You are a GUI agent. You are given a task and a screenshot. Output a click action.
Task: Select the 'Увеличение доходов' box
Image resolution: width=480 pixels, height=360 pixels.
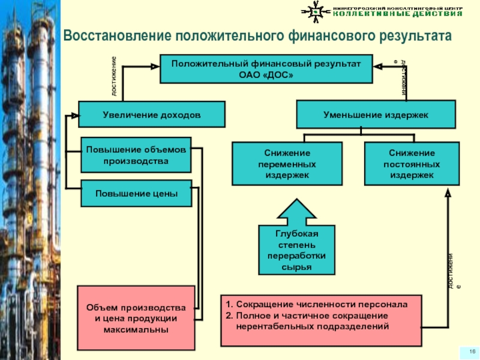pyautogui.click(x=152, y=114)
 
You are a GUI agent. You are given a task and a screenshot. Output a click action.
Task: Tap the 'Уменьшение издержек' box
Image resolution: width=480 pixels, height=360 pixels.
pyautogui.click(x=376, y=114)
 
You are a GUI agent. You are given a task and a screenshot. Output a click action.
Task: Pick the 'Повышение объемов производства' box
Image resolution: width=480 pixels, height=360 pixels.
pyautogui.click(x=136, y=155)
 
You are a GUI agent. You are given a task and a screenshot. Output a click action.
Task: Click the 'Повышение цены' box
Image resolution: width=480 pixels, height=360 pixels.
pyautogui.click(x=136, y=193)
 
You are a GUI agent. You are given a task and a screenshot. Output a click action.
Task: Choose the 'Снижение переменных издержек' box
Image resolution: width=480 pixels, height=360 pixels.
pyautogui.click(x=287, y=164)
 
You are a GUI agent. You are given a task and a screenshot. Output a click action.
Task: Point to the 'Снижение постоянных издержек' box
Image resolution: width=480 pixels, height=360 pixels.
pyautogui.click(x=412, y=164)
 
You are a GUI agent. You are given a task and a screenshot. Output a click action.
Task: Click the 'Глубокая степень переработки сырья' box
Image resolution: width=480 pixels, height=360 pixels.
pyautogui.click(x=296, y=250)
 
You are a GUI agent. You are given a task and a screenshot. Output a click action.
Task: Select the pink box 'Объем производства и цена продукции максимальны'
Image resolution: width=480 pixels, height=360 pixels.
pyautogui.click(x=136, y=318)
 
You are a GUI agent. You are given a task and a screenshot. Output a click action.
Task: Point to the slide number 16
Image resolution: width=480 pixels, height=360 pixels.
pyautogui.click(x=472, y=351)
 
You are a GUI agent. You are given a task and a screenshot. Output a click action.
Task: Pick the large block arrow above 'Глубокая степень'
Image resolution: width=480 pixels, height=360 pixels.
pyautogui.click(x=296, y=211)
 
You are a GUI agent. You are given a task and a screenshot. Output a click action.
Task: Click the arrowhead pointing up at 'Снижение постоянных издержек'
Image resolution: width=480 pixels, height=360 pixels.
pyautogui.click(x=448, y=194)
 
